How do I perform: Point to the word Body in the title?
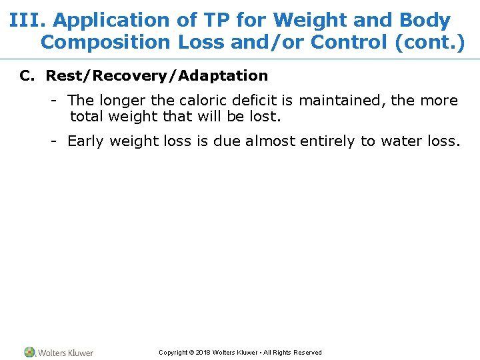click(427, 21)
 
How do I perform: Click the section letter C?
click(27, 76)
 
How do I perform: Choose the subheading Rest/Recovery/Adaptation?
click(157, 76)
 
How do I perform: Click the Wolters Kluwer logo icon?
click(30, 352)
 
